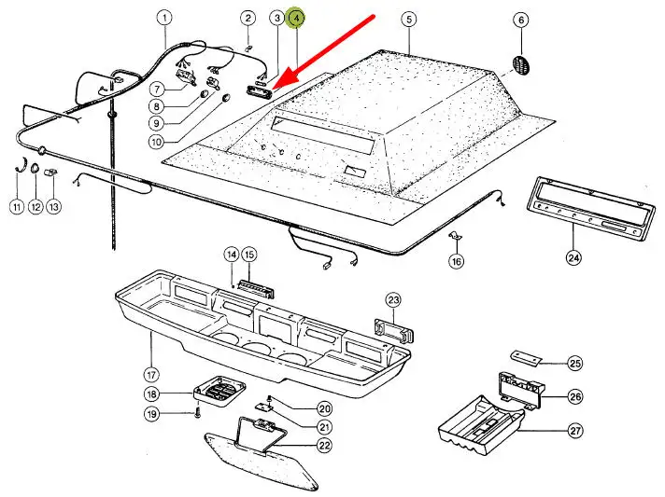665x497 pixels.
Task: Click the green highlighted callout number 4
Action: (296, 18)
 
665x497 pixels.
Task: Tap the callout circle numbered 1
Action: (165, 18)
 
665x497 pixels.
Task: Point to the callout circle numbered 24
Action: (573, 256)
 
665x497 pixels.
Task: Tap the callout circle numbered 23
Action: (393, 299)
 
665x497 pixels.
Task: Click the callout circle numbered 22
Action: (324, 446)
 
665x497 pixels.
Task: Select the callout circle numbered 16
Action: (456, 262)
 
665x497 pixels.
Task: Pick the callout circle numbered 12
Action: (35, 207)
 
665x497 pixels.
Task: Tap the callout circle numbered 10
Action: (155, 142)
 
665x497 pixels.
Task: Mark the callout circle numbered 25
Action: (575, 363)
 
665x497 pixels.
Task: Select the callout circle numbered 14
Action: (231, 255)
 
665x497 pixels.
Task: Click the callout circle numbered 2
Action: (248, 18)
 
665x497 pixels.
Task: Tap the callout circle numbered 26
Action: (575, 397)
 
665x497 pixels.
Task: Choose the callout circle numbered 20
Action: (324, 407)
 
